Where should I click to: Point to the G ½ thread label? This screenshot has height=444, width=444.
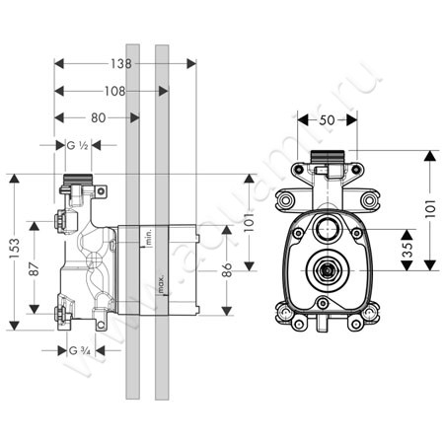click(80, 146)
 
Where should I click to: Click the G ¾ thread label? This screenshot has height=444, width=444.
click(80, 350)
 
